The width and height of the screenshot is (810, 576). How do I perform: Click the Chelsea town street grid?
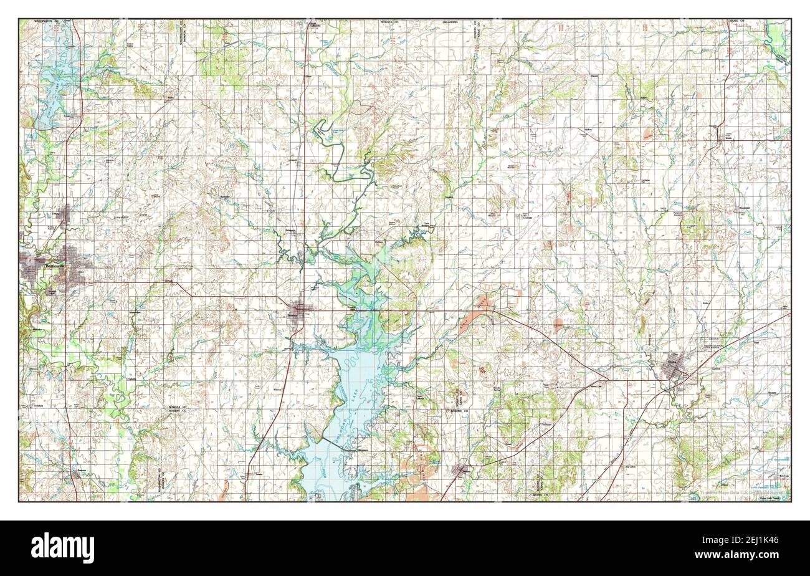click(x=464, y=469)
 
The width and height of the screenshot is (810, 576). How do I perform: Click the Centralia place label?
click(x=526, y=218)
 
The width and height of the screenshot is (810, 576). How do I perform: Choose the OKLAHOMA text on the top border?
click(x=450, y=22)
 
